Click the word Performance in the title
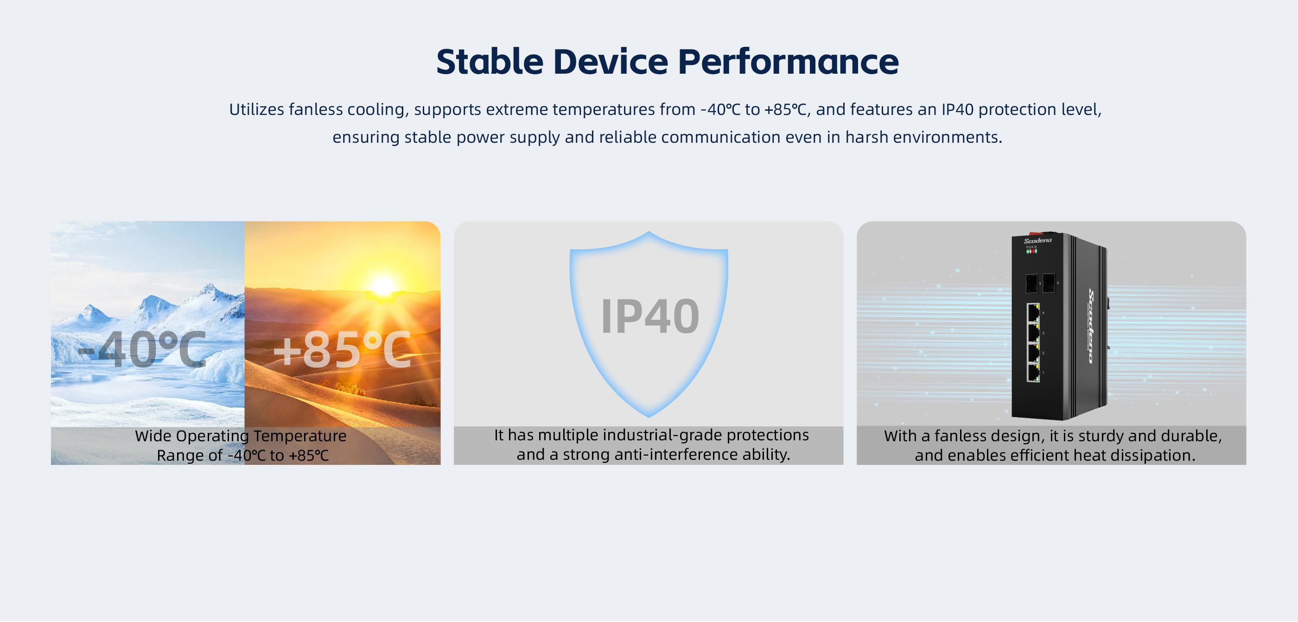coord(788,62)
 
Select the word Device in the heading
coord(611,62)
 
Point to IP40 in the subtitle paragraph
coord(957,109)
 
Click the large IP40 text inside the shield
coord(650,316)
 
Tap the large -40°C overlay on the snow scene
coord(143,349)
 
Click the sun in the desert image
coord(383,286)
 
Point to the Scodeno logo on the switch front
coord(1037,241)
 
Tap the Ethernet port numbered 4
coord(1033,313)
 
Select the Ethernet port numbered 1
coord(1033,372)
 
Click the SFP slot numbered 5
coord(1031,284)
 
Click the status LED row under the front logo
coord(1031,251)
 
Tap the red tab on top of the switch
coord(1035,234)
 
